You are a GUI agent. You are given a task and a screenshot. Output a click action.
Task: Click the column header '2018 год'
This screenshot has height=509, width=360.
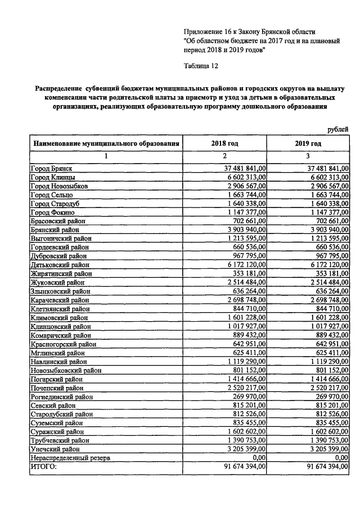(224, 143)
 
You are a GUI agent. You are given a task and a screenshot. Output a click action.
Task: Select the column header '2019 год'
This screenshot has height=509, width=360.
(308, 143)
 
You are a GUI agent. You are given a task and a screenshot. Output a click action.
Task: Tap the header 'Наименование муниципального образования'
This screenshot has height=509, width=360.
(106, 143)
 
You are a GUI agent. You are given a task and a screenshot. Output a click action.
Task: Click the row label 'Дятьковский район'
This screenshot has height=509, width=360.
(57, 264)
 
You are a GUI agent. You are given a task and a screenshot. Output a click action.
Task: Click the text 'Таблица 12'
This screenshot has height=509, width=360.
(201, 66)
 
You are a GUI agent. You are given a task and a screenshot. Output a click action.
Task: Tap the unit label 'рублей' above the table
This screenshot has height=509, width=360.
(338, 130)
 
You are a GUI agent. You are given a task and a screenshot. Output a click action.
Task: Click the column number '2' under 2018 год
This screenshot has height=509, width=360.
(224, 156)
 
